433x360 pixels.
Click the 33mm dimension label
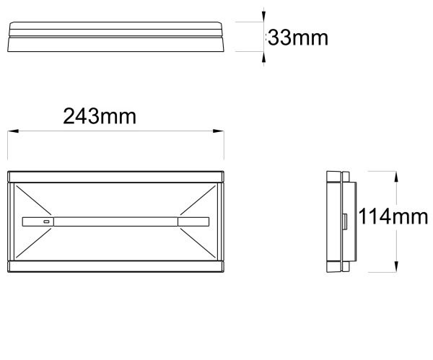[x=298, y=38]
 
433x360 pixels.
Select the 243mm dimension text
[x=100, y=116]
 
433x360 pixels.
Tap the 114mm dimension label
[x=393, y=216]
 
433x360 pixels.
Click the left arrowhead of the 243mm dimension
[x=13, y=131]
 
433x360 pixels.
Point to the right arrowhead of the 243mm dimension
[x=219, y=131]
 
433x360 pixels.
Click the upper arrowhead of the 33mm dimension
[x=263, y=17]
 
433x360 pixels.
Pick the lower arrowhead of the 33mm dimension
[x=263, y=57]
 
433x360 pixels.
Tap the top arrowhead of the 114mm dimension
[x=396, y=177]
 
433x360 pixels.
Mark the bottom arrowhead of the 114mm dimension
[x=396, y=267]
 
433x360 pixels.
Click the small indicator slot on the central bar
[x=46, y=221]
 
